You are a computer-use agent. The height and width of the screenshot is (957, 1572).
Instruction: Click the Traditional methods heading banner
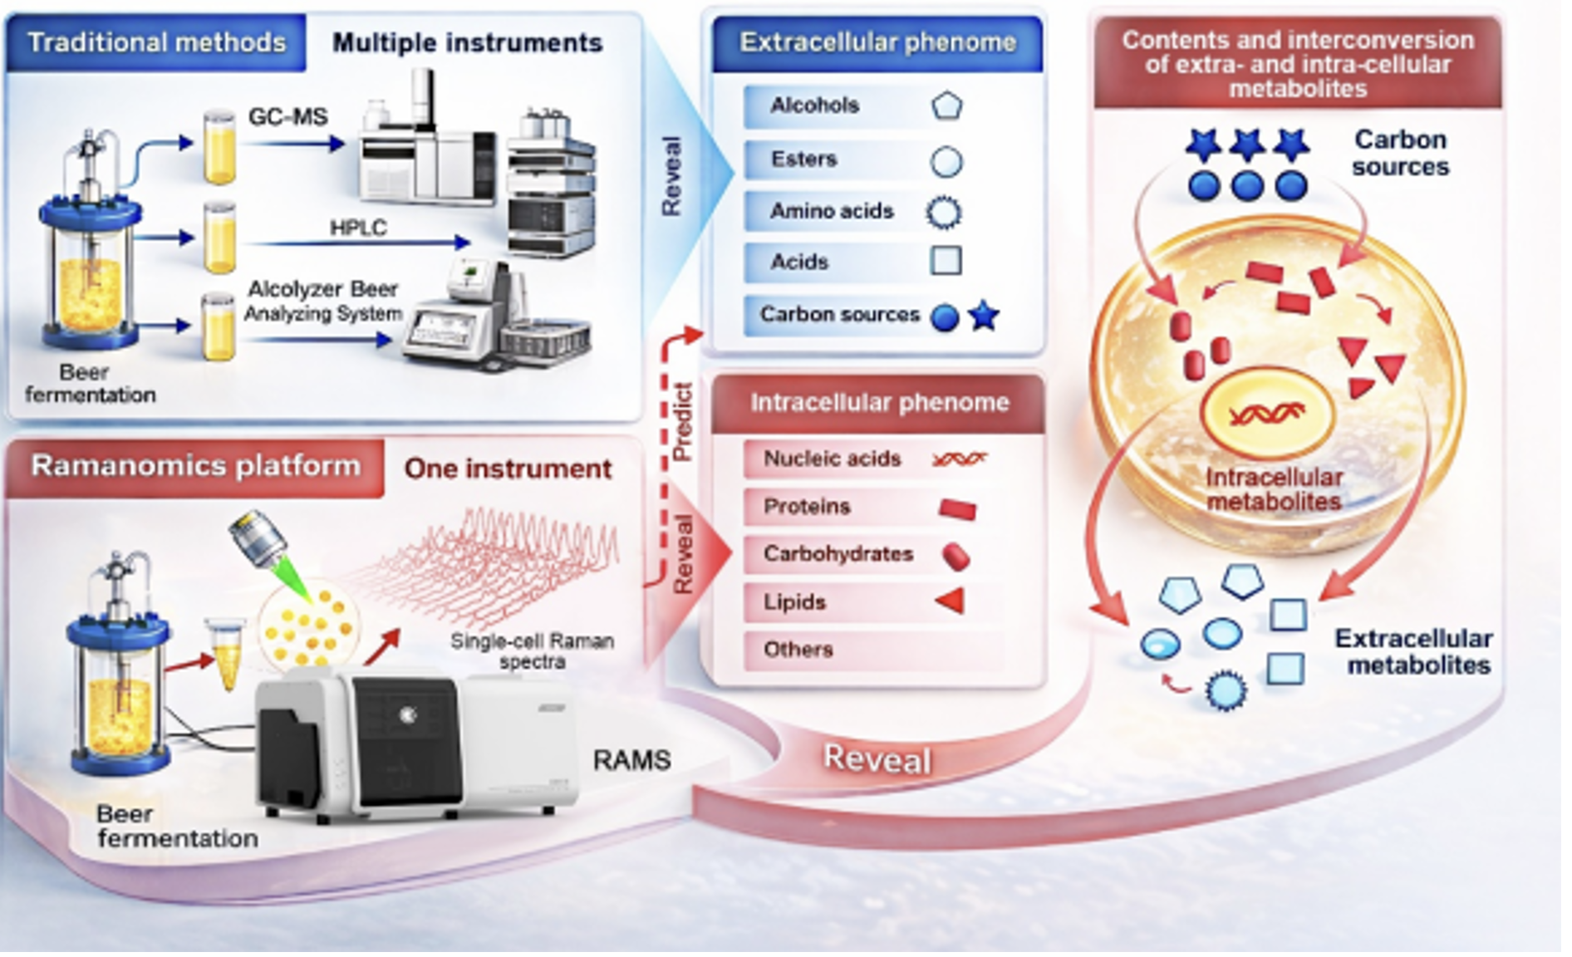click(156, 42)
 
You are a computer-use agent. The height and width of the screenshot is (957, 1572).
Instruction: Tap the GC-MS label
click(287, 117)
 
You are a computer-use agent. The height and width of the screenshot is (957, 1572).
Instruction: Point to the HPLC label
click(358, 228)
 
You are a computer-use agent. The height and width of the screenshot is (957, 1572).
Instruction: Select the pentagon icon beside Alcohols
click(946, 106)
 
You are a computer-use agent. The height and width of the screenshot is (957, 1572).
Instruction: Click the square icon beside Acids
click(946, 261)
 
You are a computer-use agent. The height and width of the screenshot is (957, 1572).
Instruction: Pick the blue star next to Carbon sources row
click(985, 316)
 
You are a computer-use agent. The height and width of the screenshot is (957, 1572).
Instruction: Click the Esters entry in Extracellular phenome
click(803, 159)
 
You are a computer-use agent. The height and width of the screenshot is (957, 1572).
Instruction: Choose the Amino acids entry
click(832, 211)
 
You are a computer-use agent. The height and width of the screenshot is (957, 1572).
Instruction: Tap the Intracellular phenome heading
click(879, 403)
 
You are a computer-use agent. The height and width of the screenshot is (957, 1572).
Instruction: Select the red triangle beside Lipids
click(951, 601)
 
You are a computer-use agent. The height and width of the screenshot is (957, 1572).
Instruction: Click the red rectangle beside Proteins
click(957, 508)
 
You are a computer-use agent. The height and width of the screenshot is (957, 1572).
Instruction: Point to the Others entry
click(798, 650)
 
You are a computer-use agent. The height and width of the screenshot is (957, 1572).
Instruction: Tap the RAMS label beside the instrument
click(631, 760)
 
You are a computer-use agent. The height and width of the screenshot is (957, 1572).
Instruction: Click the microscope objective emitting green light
click(258, 539)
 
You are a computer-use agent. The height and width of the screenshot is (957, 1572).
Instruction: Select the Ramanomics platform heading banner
click(196, 466)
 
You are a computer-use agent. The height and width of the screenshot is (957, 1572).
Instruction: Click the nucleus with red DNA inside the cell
click(1266, 413)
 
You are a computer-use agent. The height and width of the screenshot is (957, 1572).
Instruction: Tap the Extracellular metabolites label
click(1413, 652)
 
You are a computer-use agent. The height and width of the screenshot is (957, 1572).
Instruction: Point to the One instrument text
click(508, 469)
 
